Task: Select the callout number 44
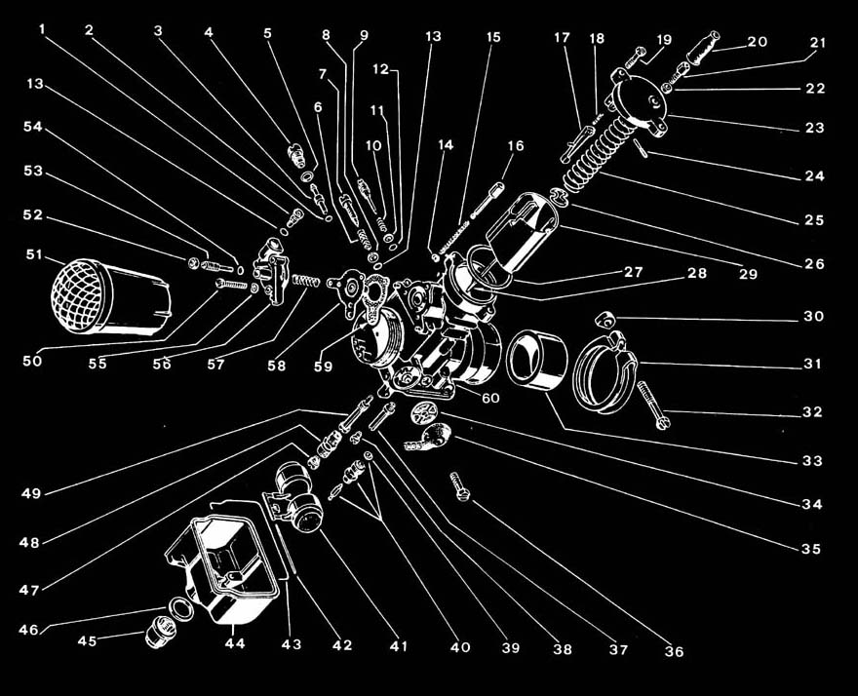(x=234, y=644)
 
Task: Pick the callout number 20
(x=757, y=42)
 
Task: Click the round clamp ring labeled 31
(x=605, y=365)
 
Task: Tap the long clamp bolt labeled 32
(x=653, y=403)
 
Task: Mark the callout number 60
(x=489, y=397)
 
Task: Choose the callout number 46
(x=28, y=631)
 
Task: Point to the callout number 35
(x=811, y=549)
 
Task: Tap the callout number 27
(x=633, y=272)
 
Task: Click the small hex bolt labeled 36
(x=458, y=484)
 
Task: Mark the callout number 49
(x=31, y=493)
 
